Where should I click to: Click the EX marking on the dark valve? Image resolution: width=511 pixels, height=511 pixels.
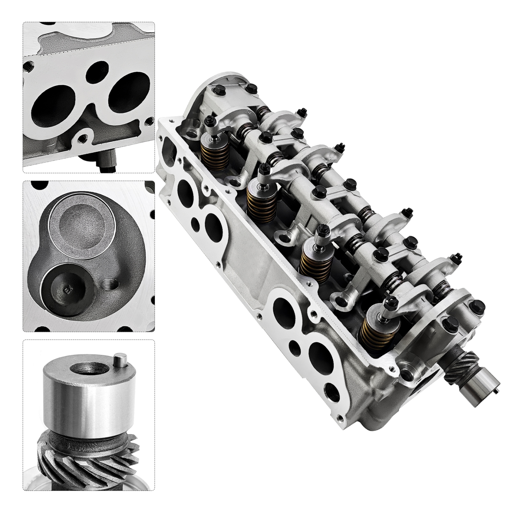(x=67, y=290)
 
